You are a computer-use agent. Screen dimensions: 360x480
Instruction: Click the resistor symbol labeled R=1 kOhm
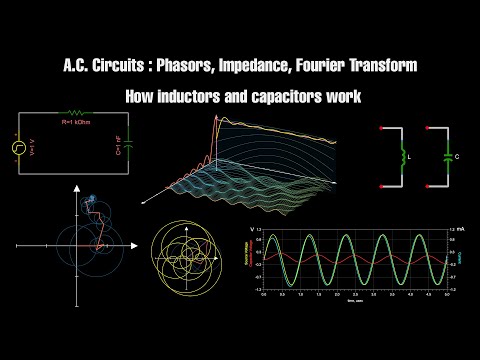coord(77,113)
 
